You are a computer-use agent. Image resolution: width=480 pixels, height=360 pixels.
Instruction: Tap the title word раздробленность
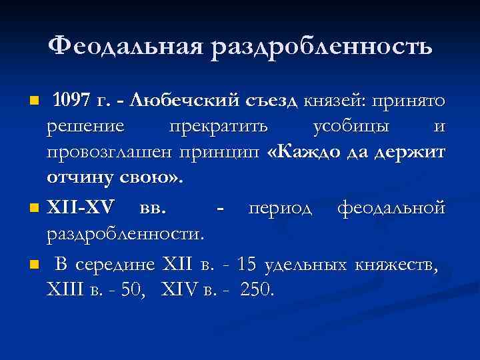point(322,47)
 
